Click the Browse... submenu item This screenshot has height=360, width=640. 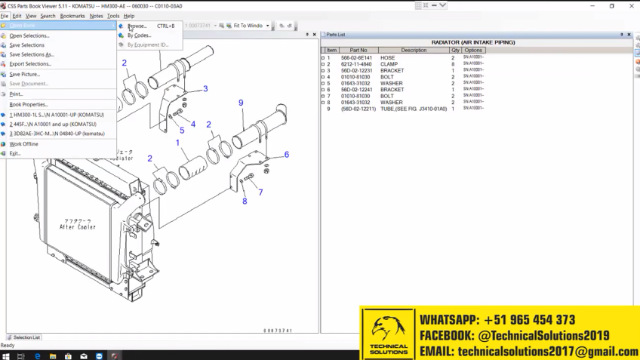pyautogui.click(x=138, y=26)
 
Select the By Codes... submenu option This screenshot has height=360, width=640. pyautogui.click(x=140, y=35)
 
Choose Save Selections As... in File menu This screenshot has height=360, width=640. pyautogui.click(x=32, y=54)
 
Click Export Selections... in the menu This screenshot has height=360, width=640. pyautogui.click(x=30, y=64)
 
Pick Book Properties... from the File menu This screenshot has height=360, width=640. pyautogui.click(x=29, y=104)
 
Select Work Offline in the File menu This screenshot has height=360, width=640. pyautogui.click(x=24, y=143)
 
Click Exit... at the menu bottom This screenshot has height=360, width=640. pyautogui.click(x=15, y=153)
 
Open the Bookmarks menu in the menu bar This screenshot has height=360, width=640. pyautogui.click(x=72, y=16)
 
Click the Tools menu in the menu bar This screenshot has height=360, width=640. pyautogui.click(x=113, y=16)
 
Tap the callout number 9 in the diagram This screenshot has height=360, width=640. pyautogui.click(x=241, y=103)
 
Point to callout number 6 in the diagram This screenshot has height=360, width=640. pyautogui.click(x=287, y=155)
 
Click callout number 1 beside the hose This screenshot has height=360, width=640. pyautogui.click(x=178, y=143)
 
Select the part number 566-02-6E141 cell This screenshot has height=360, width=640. pyautogui.click(x=356, y=58)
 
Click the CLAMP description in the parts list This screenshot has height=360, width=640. pyautogui.click(x=389, y=64)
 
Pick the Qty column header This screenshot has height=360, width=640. pyautogui.click(x=455, y=51)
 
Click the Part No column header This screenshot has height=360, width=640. pyautogui.click(x=358, y=51)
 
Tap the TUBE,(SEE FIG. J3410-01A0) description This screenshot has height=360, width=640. pyautogui.click(x=414, y=109)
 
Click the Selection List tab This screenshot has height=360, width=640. pyautogui.click(x=26, y=337)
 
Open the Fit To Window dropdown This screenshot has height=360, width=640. pyautogui.click(x=267, y=26)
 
